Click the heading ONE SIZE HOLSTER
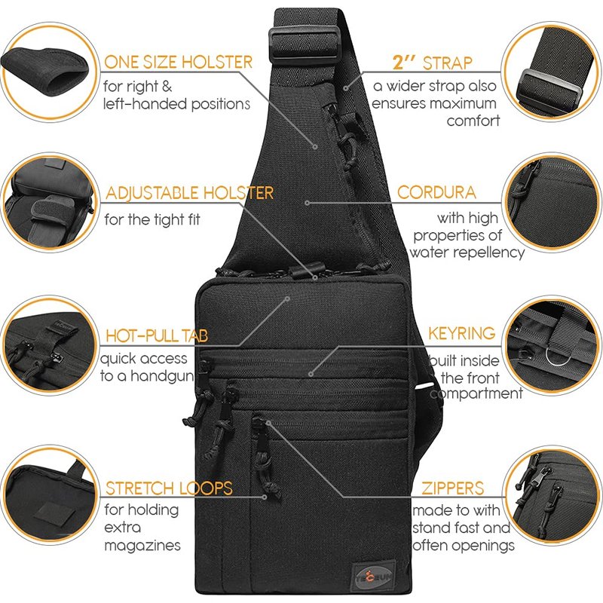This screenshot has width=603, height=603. coord(178,63)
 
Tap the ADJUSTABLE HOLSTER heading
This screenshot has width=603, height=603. coord(189,194)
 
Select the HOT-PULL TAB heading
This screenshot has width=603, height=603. coord(156,335)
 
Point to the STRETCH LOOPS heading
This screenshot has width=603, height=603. coord(169,488)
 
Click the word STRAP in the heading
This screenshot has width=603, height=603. coord(448,63)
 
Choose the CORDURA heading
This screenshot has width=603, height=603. coord(436,193)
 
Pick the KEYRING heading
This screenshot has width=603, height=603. coord(461,333)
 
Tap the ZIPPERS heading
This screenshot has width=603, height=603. coord(453,488)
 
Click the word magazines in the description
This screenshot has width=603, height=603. coord(142,545)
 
